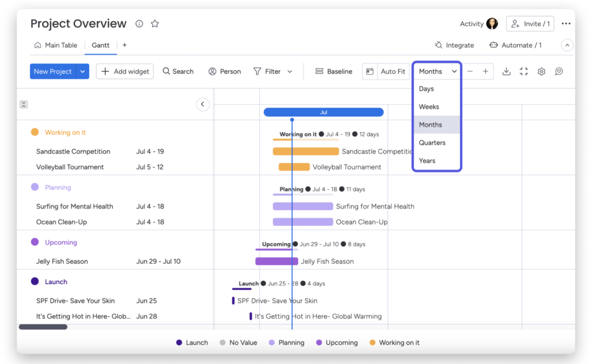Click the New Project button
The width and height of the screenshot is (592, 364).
pos(53,72)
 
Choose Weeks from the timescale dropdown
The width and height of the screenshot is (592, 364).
pos(429,107)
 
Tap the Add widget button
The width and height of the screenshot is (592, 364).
pos(125,72)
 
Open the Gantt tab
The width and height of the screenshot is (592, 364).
pos(101,45)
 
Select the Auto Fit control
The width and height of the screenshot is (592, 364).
pos(393,72)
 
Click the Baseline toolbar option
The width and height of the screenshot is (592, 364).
pos(334,72)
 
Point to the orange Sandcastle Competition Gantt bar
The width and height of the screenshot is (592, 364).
pos(305,152)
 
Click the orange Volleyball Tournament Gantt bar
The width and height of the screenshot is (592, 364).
pos(294,167)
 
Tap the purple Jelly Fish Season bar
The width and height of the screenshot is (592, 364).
pos(276,262)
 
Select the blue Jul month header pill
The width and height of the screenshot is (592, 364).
pos(323,112)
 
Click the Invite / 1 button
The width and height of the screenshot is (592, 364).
pos(530,24)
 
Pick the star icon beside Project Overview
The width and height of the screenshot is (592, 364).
pos(155,24)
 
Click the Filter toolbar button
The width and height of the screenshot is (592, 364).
pos(272,72)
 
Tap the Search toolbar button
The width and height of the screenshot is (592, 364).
pos(178,72)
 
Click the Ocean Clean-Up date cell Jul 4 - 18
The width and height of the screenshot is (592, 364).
pos(150,222)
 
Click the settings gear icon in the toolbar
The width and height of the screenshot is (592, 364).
pos(542,72)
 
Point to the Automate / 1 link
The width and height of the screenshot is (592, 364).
pos(515,45)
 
